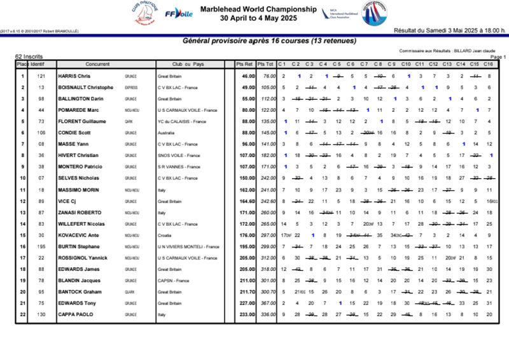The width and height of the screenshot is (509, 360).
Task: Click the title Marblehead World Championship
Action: tap(258, 10)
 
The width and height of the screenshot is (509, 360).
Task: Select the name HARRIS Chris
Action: tap(74, 76)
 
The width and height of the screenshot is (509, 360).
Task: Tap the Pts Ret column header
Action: tap(245, 64)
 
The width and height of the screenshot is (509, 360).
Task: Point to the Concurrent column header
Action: tap(97, 64)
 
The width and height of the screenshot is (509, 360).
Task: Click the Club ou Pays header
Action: tap(188, 64)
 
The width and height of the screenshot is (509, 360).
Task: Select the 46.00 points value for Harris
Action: tap(248, 76)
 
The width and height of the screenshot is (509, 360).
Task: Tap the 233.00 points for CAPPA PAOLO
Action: tap(247, 314)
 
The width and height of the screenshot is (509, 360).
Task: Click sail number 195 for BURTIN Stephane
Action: tap(41, 246)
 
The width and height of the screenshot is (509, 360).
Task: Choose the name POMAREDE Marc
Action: tap(80, 110)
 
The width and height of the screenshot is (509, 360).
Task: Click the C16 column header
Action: tap(488, 64)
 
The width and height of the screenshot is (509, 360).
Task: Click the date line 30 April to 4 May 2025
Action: tap(258, 18)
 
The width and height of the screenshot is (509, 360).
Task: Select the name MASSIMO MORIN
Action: tap(79, 190)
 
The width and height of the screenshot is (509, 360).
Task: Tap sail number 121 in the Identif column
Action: tap(41, 76)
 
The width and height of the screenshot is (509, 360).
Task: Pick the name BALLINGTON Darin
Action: tap(81, 99)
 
